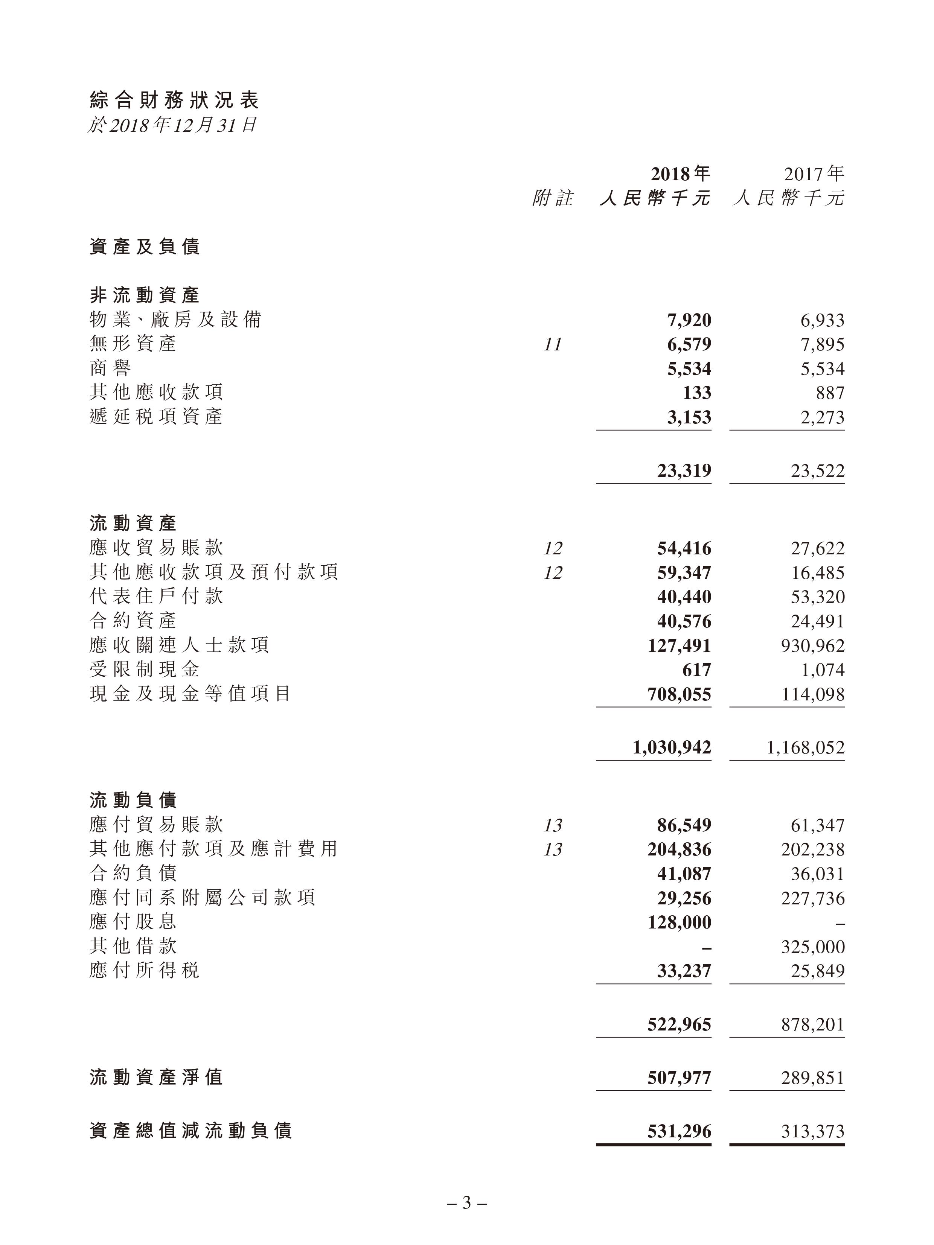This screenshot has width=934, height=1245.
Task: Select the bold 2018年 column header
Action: (x=680, y=174)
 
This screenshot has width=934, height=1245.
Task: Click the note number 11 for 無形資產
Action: (x=553, y=344)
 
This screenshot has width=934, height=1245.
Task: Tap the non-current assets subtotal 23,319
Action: (x=684, y=470)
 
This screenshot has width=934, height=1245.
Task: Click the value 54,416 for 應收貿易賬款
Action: (x=684, y=548)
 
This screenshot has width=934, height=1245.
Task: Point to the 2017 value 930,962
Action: (x=813, y=645)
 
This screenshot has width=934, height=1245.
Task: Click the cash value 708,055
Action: (x=679, y=694)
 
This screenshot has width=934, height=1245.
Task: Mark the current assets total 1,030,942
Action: (x=672, y=747)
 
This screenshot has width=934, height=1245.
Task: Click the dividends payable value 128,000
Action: (x=679, y=922)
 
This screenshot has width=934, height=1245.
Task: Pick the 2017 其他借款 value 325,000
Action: (x=813, y=947)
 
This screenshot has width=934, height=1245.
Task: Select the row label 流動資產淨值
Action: (x=157, y=1077)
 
